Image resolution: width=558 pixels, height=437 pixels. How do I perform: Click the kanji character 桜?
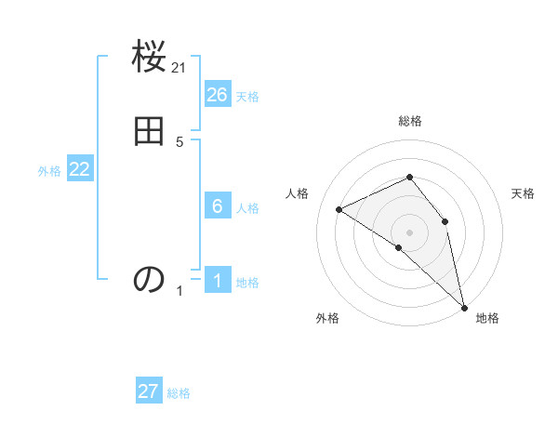(x=149, y=58)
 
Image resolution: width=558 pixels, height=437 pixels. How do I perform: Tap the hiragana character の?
(x=149, y=279)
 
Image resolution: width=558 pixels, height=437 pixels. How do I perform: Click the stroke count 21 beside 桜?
(x=179, y=67)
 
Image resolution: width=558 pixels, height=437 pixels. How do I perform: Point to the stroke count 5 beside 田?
(x=179, y=142)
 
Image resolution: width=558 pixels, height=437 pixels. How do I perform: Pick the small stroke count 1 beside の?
(x=179, y=291)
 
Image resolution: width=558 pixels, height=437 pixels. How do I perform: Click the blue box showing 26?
(x=218, y=95)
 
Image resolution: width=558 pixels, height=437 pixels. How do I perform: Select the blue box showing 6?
(x=218, y=206)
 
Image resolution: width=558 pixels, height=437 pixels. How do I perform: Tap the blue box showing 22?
(x=80, y=169)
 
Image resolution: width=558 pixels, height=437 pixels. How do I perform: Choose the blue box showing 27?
(x=149, y=391)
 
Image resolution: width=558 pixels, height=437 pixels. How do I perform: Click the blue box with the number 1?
(x=218, y=281)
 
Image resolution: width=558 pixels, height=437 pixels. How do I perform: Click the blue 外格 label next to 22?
(x=49, y=171)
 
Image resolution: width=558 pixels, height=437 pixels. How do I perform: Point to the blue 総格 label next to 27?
(x=179, y=393)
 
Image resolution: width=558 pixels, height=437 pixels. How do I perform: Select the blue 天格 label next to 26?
(x=247, y=97)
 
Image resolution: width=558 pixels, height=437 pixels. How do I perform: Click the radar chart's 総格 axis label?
(x=410, y=121)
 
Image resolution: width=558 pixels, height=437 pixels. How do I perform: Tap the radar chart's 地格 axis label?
(x=487, y=318)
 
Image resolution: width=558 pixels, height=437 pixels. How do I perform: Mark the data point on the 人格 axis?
(x=339, y=210)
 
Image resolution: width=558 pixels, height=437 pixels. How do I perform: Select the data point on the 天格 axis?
(x=445, y=221)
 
